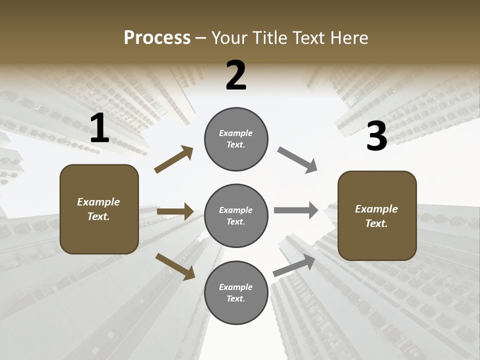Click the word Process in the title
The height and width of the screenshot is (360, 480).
tap(157, 38)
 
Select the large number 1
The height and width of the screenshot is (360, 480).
tap(99, 128)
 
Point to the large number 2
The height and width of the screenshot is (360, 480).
tap(236, 75)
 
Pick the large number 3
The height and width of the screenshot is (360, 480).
tap(376, 136)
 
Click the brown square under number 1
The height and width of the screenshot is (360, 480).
tap(99, 209)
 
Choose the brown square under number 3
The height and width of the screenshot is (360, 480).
tap(377, 216)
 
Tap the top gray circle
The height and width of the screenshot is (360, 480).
tap(236, 139)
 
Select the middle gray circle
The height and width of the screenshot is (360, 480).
tap(236, 216)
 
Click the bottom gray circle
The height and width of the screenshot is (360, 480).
tap(236, 293)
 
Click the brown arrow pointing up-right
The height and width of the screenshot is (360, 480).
tap(174, 159)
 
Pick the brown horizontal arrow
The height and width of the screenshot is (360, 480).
tap(175, 211)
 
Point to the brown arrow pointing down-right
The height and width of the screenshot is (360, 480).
tap(175, 266)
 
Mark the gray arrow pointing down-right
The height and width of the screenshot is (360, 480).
tap(297, 160)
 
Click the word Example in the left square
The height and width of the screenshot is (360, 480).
tap(98, 202)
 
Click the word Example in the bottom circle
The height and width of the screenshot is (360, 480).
tap(236, 287)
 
